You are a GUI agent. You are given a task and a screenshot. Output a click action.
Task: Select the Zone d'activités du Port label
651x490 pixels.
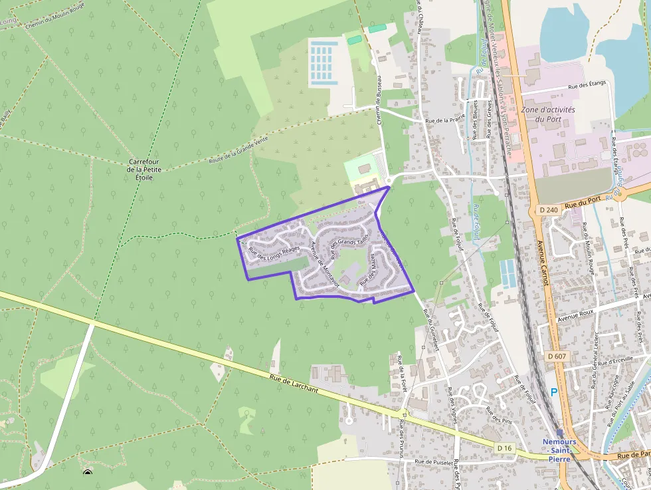548,114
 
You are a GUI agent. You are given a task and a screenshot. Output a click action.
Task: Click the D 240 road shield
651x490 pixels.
549,210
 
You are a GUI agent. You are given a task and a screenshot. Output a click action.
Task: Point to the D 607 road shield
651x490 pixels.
557,356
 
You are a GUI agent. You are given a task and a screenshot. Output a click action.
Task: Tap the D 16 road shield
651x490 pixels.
505,448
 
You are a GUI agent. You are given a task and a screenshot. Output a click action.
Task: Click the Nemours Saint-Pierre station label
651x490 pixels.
559,450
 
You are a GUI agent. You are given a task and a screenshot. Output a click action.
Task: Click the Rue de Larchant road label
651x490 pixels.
296,385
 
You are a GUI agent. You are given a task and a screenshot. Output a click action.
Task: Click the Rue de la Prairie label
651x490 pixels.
444,122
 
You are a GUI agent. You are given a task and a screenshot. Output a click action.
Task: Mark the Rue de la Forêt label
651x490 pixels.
401,374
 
